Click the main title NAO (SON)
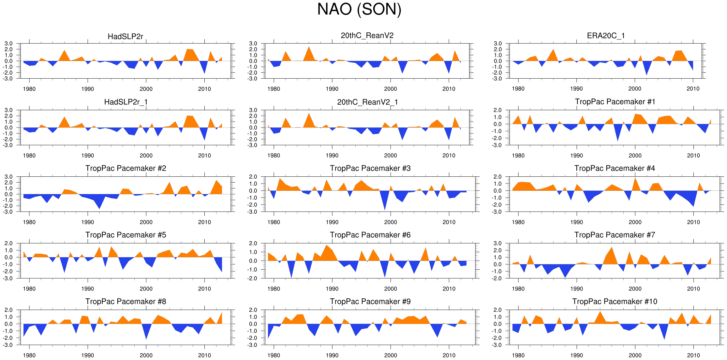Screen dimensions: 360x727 click(359, 9)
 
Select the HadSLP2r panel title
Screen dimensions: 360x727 click(125, 37)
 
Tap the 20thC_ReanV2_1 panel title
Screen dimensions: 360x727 click(367, 102)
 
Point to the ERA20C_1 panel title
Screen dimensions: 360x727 click(606, 36)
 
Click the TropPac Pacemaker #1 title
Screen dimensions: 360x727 click(615, 102)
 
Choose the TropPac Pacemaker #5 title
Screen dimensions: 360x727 click(126, 235)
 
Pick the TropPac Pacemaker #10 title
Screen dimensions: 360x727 click(615, 302)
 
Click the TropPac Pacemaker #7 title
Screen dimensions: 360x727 click(615, 235)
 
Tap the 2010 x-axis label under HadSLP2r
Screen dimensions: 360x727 click(204, 89)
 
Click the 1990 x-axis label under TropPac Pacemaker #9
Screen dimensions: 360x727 click(332, 355)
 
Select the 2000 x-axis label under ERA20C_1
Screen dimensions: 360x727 click(635, 89)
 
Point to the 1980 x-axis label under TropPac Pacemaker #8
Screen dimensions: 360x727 click(29, 355)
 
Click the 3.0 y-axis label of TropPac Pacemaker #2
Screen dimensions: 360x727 click(8, 177)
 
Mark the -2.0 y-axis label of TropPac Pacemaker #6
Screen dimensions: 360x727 click(253, 278)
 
